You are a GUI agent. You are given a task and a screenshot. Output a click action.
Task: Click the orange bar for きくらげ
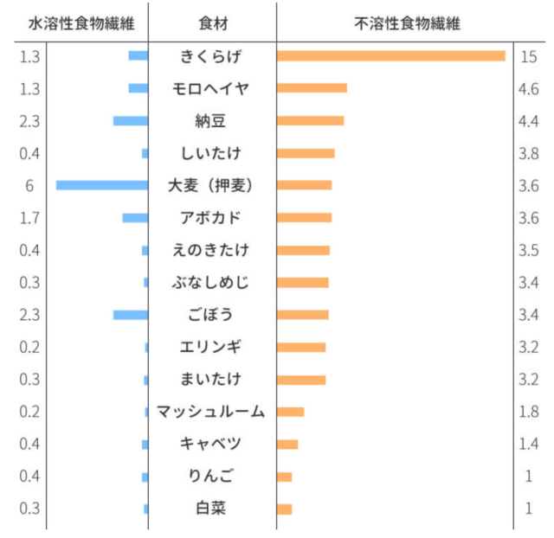[390, 56]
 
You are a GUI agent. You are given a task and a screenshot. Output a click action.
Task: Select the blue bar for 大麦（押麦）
[102, 185]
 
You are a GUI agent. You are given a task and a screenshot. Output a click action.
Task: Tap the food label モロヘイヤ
[211, 88]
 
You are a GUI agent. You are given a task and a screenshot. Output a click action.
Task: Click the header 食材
[212, 23]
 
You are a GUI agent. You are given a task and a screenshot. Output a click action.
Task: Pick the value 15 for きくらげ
[530, 56]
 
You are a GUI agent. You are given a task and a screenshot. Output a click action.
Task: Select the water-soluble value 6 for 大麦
[29, 185]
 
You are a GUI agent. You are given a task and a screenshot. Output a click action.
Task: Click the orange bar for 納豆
[310, 120]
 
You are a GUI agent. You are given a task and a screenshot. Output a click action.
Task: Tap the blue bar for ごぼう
[131, 314]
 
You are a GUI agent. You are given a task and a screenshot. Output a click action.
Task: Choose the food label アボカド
[211, 217]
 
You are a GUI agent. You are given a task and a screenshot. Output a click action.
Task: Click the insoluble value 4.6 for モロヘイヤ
[530, 88]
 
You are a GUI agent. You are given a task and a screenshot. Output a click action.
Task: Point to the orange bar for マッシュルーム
[291, 411]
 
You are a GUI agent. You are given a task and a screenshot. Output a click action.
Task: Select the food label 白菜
[211, 509]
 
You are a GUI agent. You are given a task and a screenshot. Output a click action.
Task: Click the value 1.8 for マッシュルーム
[530, 411]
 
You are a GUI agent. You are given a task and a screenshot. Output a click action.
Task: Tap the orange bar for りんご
[285, 477]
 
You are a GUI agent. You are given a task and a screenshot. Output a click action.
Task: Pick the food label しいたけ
[211, 153]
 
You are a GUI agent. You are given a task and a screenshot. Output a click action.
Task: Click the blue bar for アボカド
[135, 217]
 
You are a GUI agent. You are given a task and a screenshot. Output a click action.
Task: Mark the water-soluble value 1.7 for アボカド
[29, 217]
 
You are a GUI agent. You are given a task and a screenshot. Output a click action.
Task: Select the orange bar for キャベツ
[287, 444]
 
